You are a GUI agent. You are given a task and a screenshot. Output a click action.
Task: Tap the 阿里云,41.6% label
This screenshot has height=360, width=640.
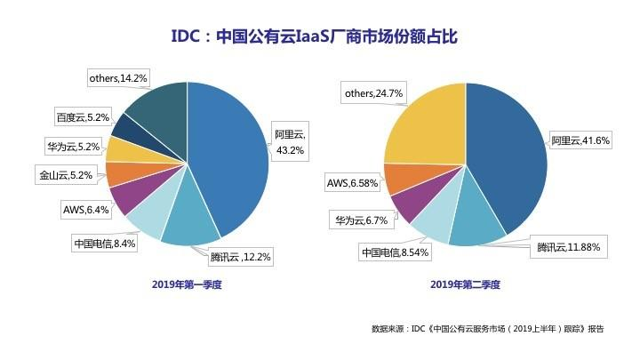(x=579, y=140)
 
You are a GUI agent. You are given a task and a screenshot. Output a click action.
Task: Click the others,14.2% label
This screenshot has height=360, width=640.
(x=116, y=78)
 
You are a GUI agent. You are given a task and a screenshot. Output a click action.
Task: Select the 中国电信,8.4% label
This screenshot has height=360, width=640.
(x=103, y=242)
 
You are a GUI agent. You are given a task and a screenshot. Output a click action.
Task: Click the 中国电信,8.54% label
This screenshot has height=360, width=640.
(x=394, y=252)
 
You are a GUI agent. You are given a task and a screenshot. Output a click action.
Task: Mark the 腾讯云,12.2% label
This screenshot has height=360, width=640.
(x=240, y=258)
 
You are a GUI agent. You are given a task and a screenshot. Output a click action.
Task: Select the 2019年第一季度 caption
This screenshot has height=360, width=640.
(x=186, y=285)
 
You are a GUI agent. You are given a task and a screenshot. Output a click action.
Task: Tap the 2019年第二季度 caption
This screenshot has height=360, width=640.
(x=465, y=285)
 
